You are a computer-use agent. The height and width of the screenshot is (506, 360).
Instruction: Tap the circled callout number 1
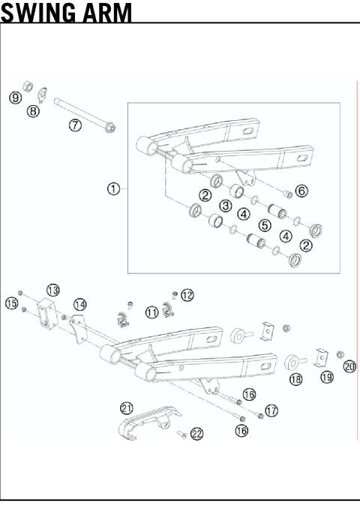click(x=113, y=189)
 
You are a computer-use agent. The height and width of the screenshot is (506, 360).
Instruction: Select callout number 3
click(x=224, y=206)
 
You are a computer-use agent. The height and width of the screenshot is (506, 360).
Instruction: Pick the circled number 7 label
click(x=75, y=125)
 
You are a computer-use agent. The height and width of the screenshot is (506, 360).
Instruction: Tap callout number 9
click(x=14, y=98)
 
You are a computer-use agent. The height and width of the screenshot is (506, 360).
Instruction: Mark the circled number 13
click(x=53, y=290)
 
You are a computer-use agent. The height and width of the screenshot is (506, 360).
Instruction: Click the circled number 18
click(x=296, y=380)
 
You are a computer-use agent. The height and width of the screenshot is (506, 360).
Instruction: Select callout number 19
click(x=327, y=377)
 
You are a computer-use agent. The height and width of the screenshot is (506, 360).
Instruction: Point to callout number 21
click(x=127, y=408)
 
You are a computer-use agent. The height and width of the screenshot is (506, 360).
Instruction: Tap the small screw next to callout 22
click(x=181, y=434)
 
